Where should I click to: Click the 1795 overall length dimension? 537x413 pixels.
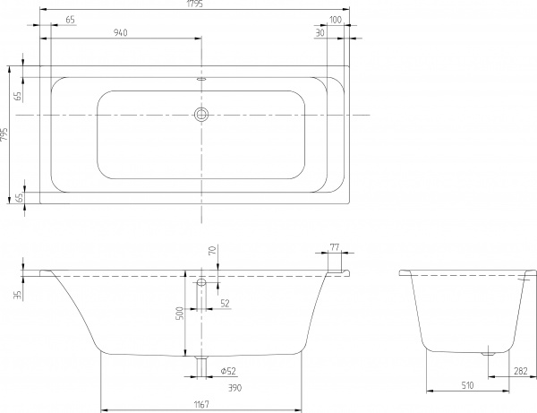[x=194, y=7]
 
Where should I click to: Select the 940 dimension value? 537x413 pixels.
[x=124, y=33]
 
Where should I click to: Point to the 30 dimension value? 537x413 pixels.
[x=320, y=33]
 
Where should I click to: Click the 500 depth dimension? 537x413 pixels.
[x=179, y=313]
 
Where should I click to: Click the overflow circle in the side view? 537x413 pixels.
[x=200, y=283]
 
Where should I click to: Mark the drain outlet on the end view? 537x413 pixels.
[x=487, y=353]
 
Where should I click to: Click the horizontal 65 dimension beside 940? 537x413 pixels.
[x=70, y=19]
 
